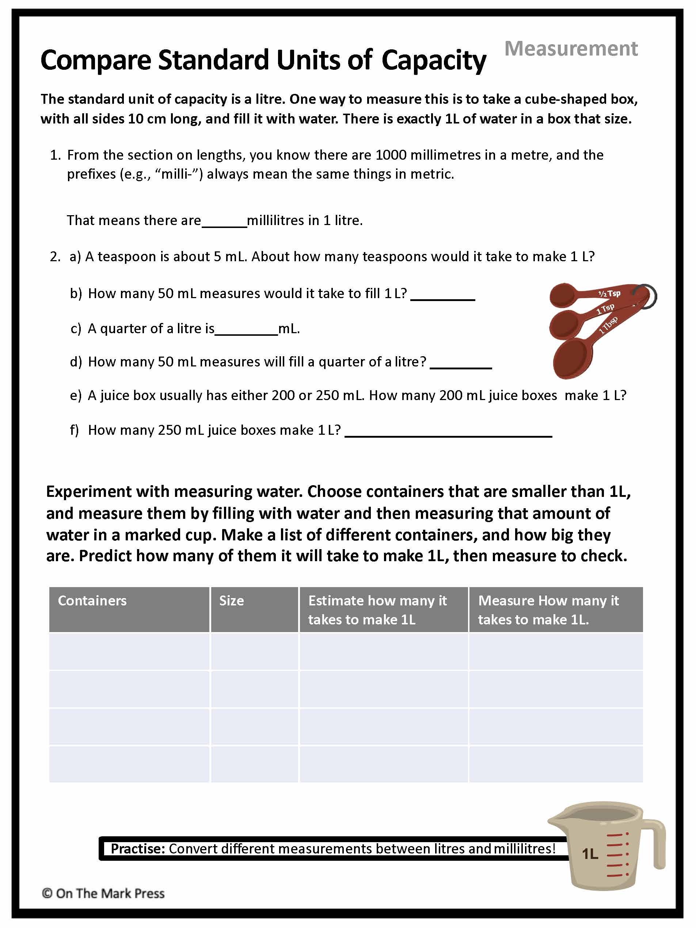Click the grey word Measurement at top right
571,49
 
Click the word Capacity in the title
434,60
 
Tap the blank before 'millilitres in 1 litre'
224,221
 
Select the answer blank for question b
442,294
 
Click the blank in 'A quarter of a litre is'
246,330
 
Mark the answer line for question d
461,363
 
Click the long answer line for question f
448,431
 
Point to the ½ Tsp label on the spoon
609,293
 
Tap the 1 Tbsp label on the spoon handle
608,325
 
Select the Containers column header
92,600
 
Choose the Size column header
231,600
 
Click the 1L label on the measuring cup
590,854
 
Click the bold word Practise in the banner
138,849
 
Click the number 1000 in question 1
391,155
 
